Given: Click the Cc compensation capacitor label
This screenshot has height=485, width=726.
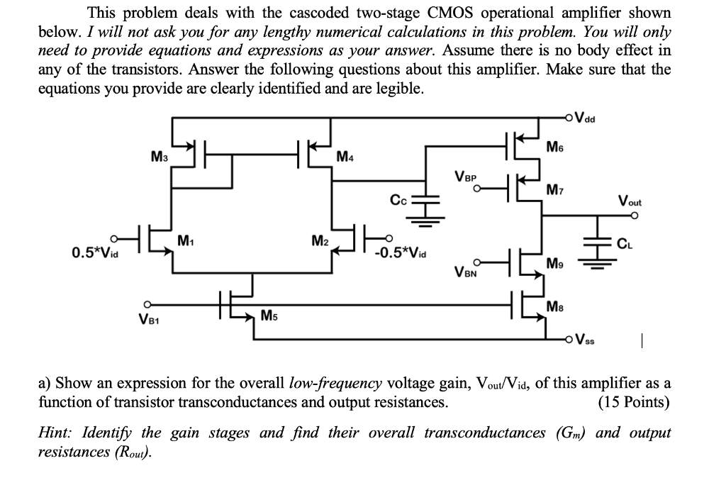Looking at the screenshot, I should [x=398, y=201].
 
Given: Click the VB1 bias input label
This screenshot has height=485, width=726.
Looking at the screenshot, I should [x=147, y=318].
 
